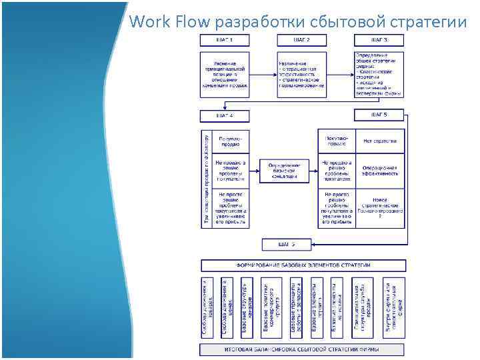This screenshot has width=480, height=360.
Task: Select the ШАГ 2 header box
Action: pyautogui.click(x=301, y=40)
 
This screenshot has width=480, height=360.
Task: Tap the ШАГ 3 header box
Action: pyautogui.click(x=378, y=40)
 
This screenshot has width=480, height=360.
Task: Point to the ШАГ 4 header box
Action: pyautogui.click(x=225, y=116)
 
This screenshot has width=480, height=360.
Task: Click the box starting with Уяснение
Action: pyautogui.click(x=225, y=75)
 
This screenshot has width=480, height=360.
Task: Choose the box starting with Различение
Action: pyautogui.click(x=301, y=75)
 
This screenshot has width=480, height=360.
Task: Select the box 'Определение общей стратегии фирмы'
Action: pyautogui.click(x=378, y=75)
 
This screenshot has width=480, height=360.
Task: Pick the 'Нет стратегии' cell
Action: pyautogui.click(x=380, y=141)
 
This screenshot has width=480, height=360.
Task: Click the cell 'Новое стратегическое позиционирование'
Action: pyautogui.click(x=380, y=208)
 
